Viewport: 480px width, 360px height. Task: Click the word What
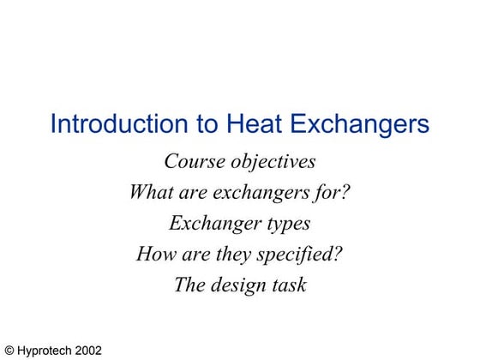[149, 192]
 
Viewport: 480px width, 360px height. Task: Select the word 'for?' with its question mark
[331, 192]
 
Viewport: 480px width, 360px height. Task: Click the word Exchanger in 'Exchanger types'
[211, 223]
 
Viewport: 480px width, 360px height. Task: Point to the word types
[285, 224]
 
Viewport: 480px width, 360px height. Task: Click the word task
[289, 285]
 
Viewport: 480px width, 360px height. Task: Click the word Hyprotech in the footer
[45, 351]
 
